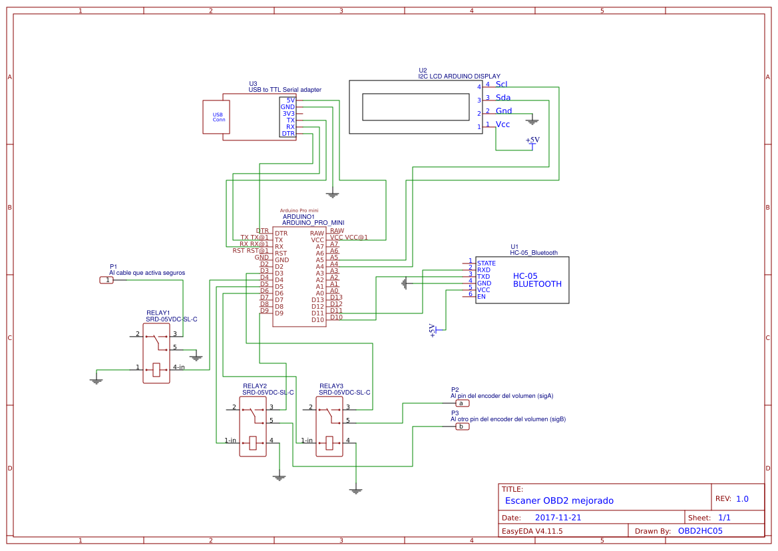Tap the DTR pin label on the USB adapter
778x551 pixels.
[x=288, y=134]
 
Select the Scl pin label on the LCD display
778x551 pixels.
[x=501, y=85]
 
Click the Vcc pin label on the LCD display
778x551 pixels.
[x=502, y=124]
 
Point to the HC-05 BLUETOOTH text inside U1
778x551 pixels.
[x=536, y=280]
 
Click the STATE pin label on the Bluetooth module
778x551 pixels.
[x=486, y=264]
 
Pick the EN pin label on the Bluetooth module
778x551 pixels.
[x=481, y=297]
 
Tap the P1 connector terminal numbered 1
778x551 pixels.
[x=107, y=280]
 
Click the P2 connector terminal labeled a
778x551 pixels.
[x=461, y=403]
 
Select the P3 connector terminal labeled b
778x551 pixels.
[x=461, y=427]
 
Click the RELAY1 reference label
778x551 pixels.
[x=158, y=313]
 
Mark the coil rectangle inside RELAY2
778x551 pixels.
[x=252, y=443]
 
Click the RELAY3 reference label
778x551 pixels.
[x=331, y=386]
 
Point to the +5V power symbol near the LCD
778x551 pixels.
[x=532, y=141]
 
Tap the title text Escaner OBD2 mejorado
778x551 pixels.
[x=559, y=500]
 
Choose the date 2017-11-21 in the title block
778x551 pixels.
[x=558, y=518]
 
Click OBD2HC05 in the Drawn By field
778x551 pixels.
[x=699, y=531]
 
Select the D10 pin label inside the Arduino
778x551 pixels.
[x=317, y=320]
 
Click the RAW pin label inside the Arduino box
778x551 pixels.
[x=317, y=234]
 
